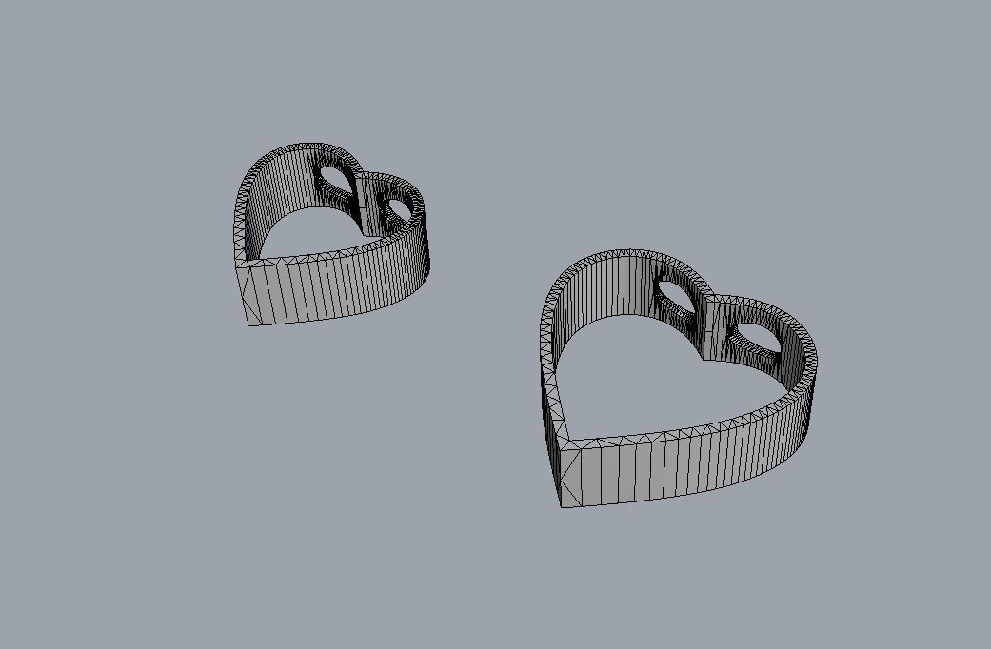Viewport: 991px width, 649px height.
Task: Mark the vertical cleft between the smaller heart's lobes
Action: (x=361, y=205)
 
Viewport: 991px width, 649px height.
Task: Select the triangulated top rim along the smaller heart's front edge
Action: (x=324, y=255)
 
